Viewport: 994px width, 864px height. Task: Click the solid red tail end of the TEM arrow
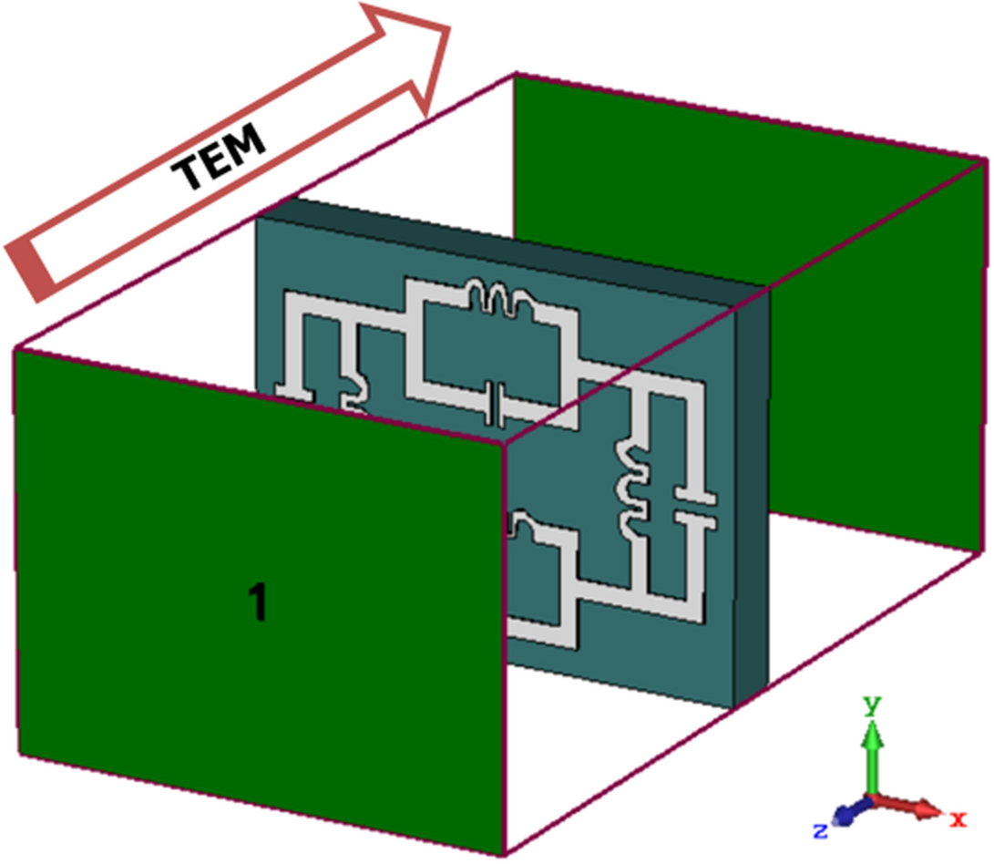[x=33, y=270]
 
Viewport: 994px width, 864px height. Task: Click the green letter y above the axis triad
[x=872, y=705]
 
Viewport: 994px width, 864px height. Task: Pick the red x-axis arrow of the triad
[x=911, y=807]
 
